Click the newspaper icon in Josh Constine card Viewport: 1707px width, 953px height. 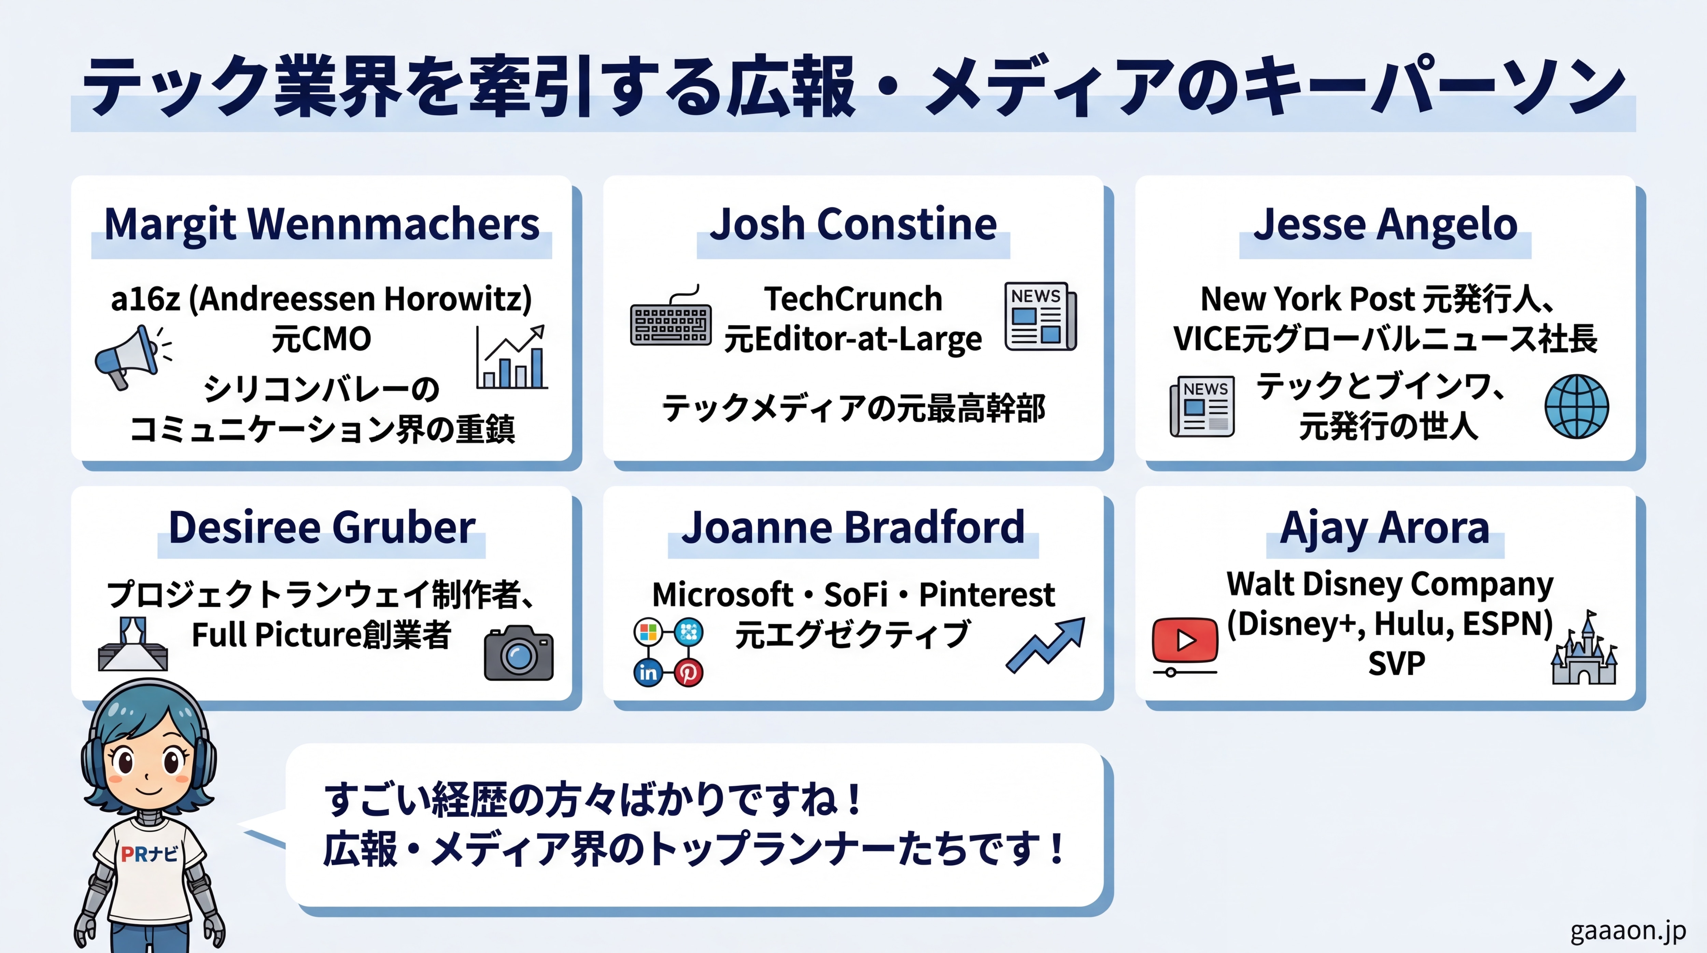[x=1040, y=316]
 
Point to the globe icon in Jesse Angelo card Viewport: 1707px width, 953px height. [x=1577, y=406]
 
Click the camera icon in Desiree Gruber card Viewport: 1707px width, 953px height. [x=519, y=653]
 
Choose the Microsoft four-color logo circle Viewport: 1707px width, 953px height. [x=648, y=632]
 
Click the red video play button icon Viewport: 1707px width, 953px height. [x=1185, y=640]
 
